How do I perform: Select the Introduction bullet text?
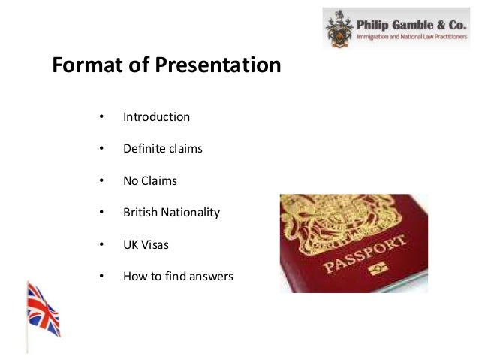156,117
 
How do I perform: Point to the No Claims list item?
150,181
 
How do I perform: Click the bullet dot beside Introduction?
100,118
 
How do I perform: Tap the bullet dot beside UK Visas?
100,245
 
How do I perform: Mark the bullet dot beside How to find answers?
100,277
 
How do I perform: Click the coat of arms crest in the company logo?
339,28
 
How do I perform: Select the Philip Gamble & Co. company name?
410,20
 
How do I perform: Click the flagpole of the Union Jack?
27,331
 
